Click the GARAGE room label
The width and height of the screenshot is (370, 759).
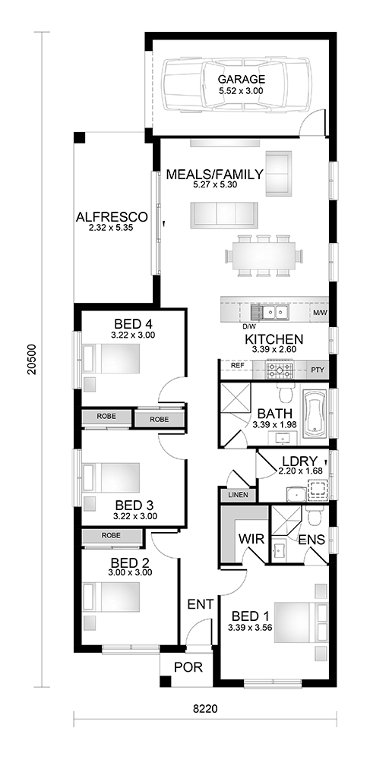[241, 80]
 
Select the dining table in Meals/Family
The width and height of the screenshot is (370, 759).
[264, 256]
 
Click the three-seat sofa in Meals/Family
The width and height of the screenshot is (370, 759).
[223, 213]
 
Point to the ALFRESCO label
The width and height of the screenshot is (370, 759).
[112, 216]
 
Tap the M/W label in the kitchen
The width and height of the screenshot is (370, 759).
[320, 313]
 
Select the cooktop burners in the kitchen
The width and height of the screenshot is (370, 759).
[280, 371]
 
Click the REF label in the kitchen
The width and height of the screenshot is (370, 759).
[237, 366]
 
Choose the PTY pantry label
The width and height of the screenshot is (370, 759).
[318, 370]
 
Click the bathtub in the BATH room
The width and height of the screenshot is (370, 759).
[315, 415]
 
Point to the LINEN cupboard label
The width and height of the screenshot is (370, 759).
[238, 495]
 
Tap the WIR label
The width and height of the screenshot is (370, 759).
[251, 539]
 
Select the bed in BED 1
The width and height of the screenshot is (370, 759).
[301, 622]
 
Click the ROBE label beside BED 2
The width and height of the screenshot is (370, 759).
[111, 535]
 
